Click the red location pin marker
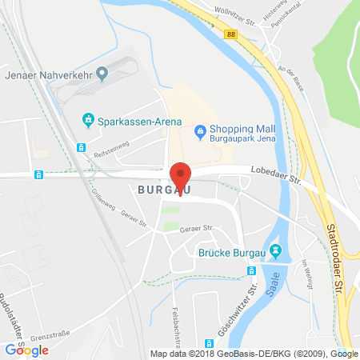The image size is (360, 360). coord(182,174)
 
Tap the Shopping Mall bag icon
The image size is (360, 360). coord(202,130)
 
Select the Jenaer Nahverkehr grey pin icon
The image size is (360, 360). coord(102,74)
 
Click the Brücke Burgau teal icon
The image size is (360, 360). coord(276,252)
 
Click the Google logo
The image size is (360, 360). coord(27,350)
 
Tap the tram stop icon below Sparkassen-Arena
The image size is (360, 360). coord(80,147)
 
